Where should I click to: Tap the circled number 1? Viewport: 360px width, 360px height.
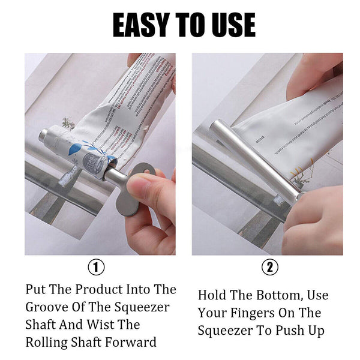tap(96, 266)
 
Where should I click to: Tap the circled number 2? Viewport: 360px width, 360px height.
tap(271, 266)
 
